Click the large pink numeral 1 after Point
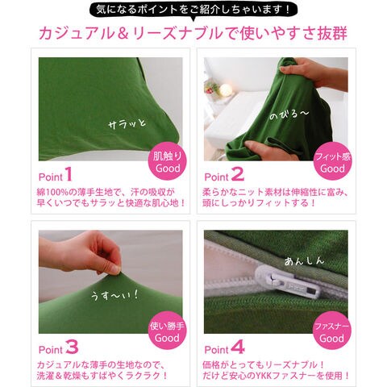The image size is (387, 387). (x=69, y=174)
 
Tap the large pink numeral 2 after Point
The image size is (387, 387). (x=238, y=174)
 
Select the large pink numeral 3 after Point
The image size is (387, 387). (x=72, y=347)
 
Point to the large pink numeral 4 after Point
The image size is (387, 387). (x=238, y=347)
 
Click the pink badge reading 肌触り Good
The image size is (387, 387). (x=167, y=161)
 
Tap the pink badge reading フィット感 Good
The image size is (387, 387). (x=333, y=161)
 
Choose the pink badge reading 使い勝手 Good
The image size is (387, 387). (x=167, y=331)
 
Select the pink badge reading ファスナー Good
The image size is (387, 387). (x=331, y=331)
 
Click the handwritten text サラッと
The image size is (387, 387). (x=127, y=124)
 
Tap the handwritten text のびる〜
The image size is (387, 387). (x=289, y=114)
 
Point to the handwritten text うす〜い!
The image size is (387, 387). (x=114, y=295)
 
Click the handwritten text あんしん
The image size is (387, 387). (x=304, y=260)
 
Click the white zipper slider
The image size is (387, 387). (x=288, y=281)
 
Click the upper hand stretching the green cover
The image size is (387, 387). (x=309, y=70)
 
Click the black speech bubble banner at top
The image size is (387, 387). (x=193, y=10)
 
